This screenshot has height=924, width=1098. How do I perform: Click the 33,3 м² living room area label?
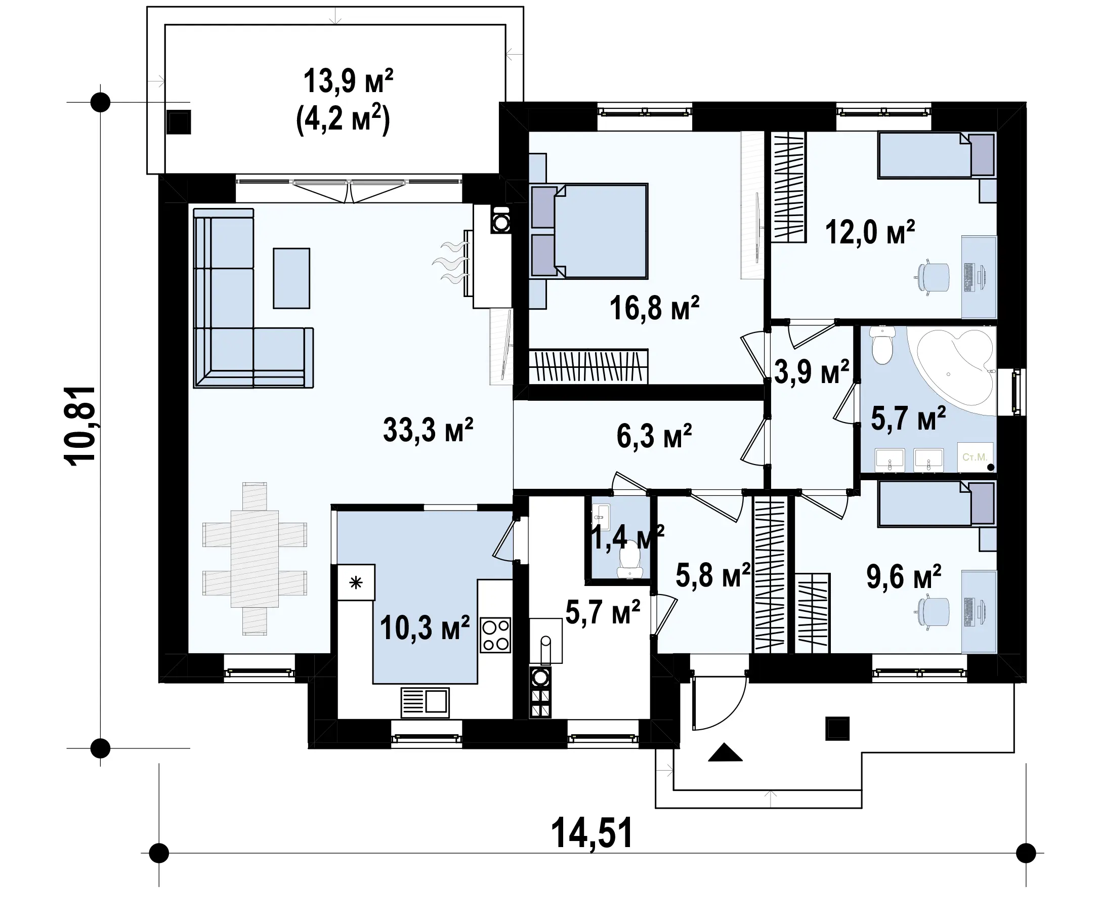pyautogui.click(x=428, y=430)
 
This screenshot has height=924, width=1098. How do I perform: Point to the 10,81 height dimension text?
pyautogui.click(x=79, y=426)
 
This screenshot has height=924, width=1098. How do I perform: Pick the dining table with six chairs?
pyautogui.click(x=255, y=558)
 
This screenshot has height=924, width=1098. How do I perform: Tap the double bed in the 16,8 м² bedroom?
pyautogui.click(x=589, y=230)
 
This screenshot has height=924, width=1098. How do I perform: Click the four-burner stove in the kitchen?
pyautogui.click(x=495, y=636)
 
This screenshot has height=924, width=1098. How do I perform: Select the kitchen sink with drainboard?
pyautogui.click(x=425, y=702)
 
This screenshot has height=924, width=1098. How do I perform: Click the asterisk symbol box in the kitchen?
pyautogui.click(x=356, y=582)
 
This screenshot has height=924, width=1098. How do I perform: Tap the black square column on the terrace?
pyautogui.click(x=837, y=728)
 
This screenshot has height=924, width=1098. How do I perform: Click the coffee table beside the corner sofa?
pyautogui.click(x=291, y=278)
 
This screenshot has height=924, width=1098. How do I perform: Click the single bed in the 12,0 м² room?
pyautogui.click(x=937, y=155)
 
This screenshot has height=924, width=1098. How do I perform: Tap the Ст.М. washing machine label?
pyautogui.click(x=975, y=457)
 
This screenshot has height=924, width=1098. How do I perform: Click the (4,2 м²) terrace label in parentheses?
pyautogui.click(x=343, y=120)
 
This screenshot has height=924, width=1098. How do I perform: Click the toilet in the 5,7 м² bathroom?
pyautogui.click(x=883, y=345)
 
